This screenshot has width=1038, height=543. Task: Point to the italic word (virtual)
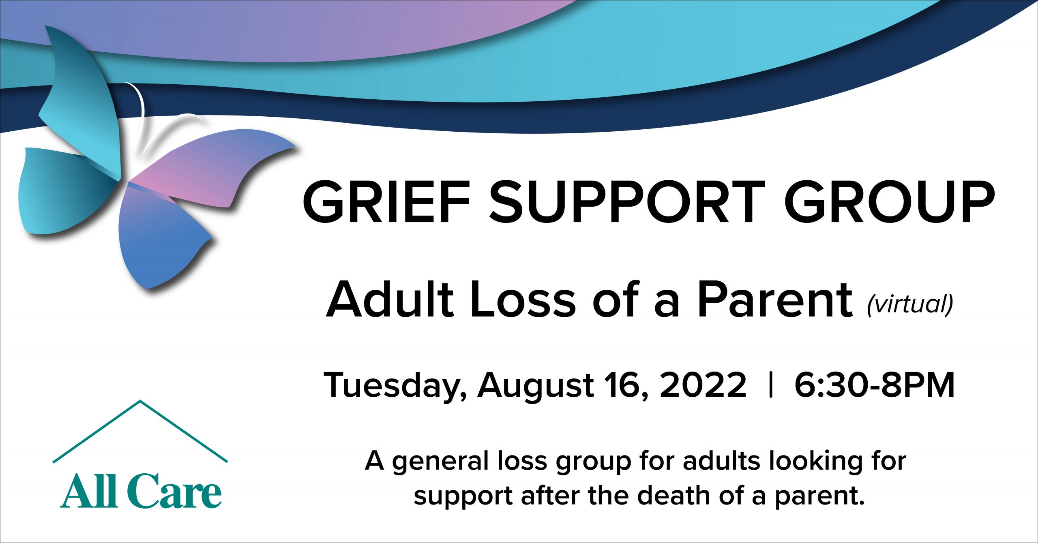pyautogui.click(x=910, y=304)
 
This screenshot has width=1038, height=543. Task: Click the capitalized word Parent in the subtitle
pyautogui.click(x=774, y=299)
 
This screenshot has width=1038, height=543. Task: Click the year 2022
pyautogui.click(x=703, y=385)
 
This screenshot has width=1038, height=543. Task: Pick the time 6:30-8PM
pyautogui.click(x=875, y=385)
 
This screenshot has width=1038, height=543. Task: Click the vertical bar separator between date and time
pyautogui.click(x=771, y=385)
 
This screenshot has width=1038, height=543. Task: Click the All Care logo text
pyautogui.click(x=141, y=490)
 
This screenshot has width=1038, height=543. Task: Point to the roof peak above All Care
pyautogui.click(x=140, y=401)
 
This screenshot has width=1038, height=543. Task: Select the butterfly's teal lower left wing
pyautogui.click(x=65, y=190)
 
